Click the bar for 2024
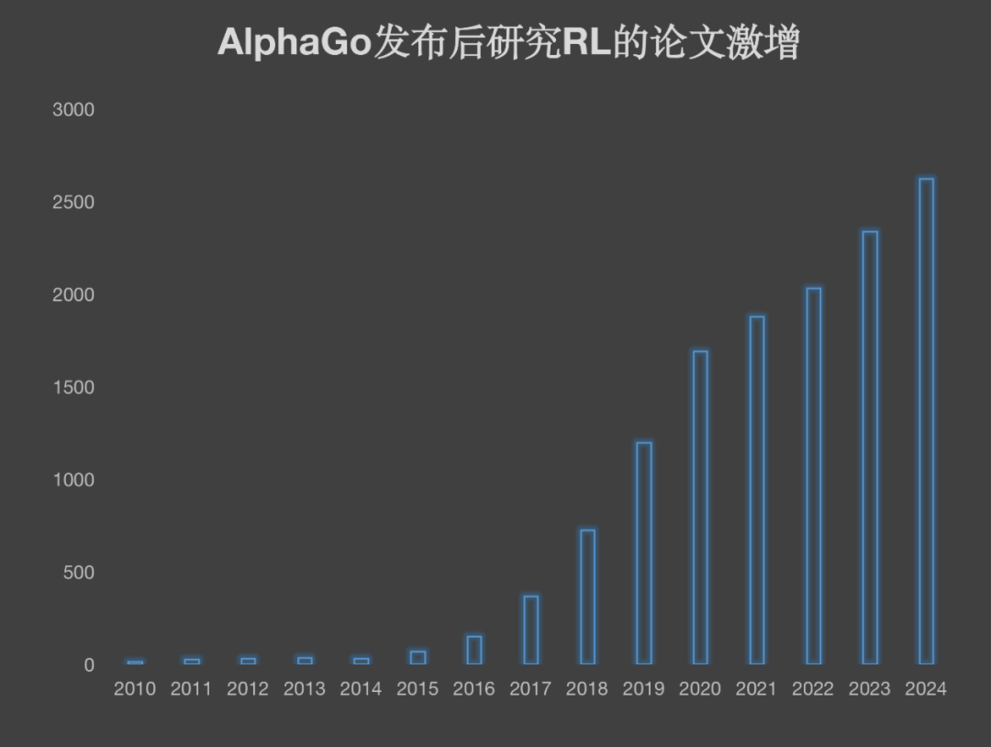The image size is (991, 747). click(x=926, y=421)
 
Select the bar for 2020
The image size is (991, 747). click(x=700, y=507)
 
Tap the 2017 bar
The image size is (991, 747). click(x=531, y=630)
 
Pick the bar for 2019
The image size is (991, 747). click(x=643, y=553)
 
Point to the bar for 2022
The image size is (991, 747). click(x=813, y=476)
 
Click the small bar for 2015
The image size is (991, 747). click(x=418, y=657)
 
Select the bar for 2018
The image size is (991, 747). click(x=587, y=597)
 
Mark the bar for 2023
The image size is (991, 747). click(x=870, y=448)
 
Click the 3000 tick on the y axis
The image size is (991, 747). click(x=73, y=109)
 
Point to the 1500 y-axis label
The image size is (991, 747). click(x=73, y=388)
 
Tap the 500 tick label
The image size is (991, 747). click(x=78, y=573)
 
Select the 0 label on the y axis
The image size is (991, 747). click(x=89, y=665)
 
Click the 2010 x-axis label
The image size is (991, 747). click(x=135, y=688)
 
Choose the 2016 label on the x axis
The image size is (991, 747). click(x=473, y=688)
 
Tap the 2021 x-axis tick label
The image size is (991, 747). click(x=756, y=688)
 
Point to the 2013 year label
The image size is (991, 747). click(x=304, y=688)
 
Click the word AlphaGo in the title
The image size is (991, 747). click(x=295, y=42)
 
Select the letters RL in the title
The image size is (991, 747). click(x=586, y=42)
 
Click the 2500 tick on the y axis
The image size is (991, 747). click(x=73, y=202)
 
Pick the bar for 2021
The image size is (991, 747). click(x=757, y=490)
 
